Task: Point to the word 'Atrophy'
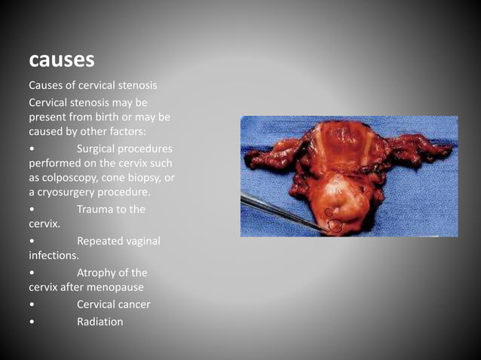99,273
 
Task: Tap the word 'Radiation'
100,322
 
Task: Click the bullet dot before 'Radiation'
31,322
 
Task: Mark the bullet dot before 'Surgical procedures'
31,149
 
